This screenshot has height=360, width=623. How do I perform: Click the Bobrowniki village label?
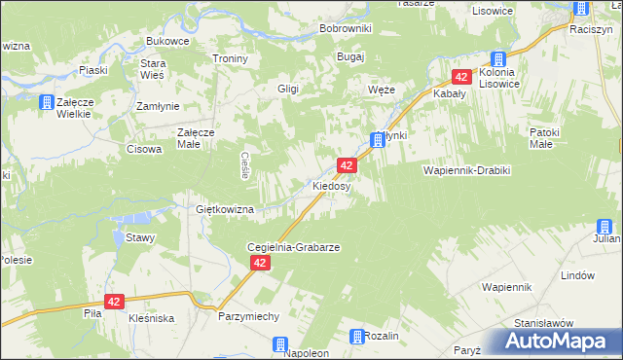[x=346, y=28]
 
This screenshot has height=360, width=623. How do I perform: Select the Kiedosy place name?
[x=331, y=186]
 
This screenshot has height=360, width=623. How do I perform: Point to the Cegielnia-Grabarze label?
[x=293, y=248]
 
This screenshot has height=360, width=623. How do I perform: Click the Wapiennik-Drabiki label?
[x=466, y=169]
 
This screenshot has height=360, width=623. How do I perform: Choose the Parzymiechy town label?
[x=249, y=317]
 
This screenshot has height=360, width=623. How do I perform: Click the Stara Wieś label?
[x=153, y=69]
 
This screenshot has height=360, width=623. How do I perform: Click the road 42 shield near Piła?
[x=115, y=303]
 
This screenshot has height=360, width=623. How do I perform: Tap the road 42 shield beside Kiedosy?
[x=347, y=166]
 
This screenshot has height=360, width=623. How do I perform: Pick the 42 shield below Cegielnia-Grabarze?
[x=260, y=264]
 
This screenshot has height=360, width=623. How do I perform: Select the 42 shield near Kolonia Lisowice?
[x=461, y=77]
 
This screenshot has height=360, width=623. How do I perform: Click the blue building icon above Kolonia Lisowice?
[x=499, y=59]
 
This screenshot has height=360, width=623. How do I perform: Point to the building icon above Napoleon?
[x=280, y=343]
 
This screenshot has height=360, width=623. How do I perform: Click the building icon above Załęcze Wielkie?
[x=45, y=101]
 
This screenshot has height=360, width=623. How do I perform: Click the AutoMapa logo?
[x=558, y=341]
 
